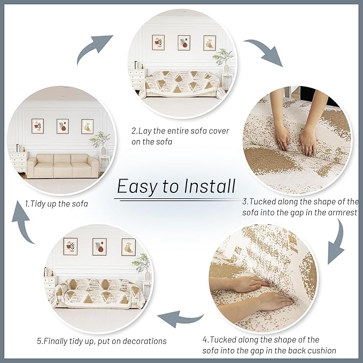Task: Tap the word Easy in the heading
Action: (137, 187)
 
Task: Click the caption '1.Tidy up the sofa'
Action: (56, 203)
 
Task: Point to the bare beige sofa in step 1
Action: (63, 166)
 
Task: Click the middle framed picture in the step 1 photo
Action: (63, 126)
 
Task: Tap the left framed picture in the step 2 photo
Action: (158, 42)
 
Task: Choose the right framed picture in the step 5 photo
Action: (128, 246)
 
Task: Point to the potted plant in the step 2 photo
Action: (223, 58)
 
